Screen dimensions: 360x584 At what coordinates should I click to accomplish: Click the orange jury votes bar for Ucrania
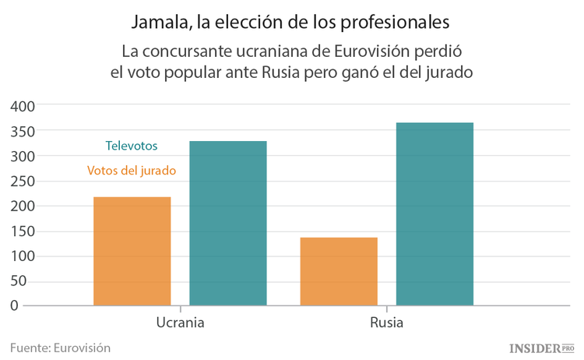point(132,251)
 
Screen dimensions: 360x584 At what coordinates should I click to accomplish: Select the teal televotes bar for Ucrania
point(228,223)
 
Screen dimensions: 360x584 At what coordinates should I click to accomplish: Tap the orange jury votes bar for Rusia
point(339,271)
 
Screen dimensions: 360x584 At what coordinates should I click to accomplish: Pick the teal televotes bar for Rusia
point(434,214)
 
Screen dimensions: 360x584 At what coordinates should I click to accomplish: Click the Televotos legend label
point(132,146)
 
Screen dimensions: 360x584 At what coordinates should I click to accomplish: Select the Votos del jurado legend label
point(132,170)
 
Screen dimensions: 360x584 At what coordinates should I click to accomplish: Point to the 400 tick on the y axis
point(23,106)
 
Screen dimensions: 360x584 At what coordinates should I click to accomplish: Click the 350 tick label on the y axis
point(23,131)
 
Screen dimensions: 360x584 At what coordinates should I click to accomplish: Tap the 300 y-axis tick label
point(23,156)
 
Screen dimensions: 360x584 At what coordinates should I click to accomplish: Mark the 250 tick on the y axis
point(23,181)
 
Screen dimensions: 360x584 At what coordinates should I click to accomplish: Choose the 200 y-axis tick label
point(23,206)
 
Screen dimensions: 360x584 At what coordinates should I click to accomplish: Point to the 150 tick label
point(23,231)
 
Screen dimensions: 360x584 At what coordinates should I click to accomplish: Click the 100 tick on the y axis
point(23,256)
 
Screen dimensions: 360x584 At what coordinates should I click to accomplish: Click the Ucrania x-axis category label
point(180,323)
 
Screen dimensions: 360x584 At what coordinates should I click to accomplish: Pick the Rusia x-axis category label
point(386,323)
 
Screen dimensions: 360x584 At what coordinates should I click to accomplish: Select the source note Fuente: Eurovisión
point(61,348)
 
